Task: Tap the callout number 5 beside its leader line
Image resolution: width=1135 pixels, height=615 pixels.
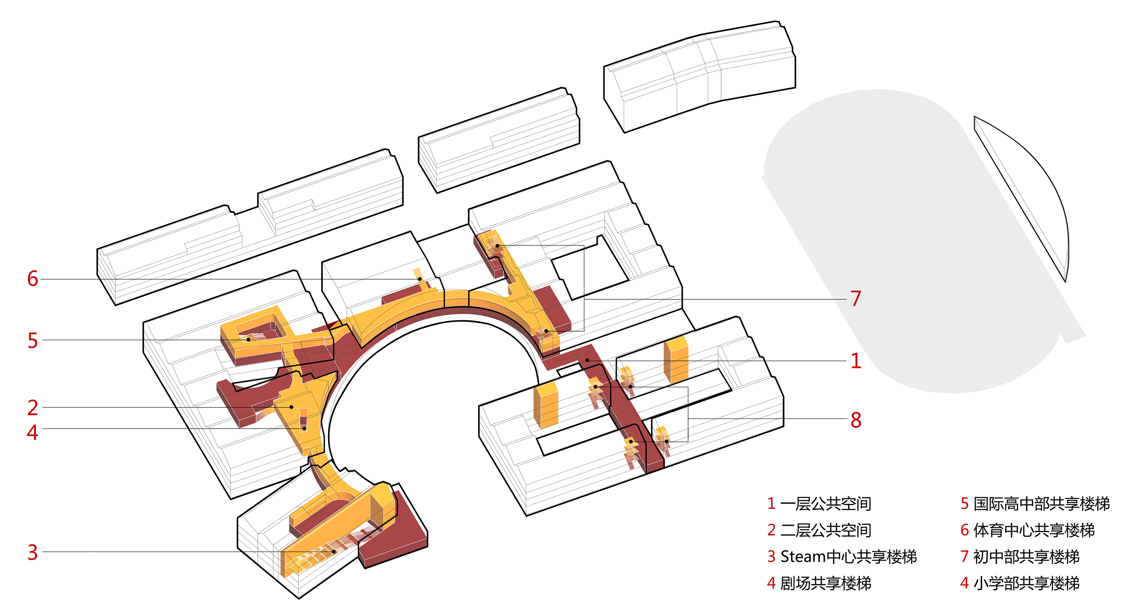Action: [33, 340]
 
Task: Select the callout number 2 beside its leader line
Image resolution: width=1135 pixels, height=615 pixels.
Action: [33, 408]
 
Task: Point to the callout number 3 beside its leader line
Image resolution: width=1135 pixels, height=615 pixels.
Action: [33, 552]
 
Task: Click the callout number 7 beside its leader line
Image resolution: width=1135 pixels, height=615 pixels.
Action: [856, 299]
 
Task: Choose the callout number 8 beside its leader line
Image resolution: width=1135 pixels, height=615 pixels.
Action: [856, 420]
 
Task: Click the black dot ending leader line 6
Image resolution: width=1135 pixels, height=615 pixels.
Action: [420, 279]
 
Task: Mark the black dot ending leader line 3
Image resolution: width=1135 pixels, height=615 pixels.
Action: [334, 552]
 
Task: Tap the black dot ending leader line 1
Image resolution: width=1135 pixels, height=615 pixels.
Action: [587, 360]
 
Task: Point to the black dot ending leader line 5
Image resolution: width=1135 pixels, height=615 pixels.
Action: [248, 340]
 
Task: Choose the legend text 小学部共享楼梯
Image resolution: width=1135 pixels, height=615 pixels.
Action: [1027, 583]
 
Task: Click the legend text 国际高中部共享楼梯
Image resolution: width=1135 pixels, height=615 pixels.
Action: [1042, 503]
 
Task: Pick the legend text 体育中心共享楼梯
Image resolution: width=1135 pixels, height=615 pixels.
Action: [1034, 530]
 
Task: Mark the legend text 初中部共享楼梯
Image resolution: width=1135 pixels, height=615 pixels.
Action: [1027, 557]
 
